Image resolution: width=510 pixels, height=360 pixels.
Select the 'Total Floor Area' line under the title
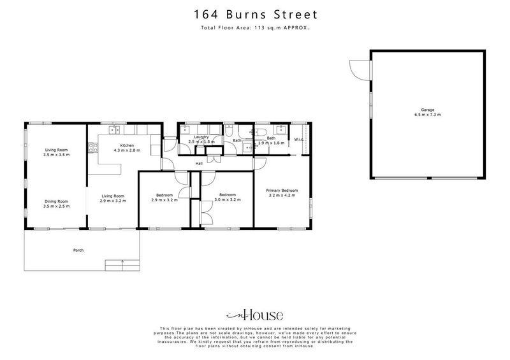pyautogui.click(x=254, y=28)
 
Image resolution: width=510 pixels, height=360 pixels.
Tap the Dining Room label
pyautogui.click(x=55, y=203)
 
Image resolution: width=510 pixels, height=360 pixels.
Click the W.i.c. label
pyautogui.click(x=298, y=140)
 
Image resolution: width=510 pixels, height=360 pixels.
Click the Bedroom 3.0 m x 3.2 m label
pyautogui.click(x=228, y=197)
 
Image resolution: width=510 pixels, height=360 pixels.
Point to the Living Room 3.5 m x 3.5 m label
pyautogui.click(x=55, y=152)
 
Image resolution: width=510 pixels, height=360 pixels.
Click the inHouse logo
pyautogui.click(x=254, y=315)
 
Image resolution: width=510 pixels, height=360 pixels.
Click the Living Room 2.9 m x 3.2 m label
pyautogui.click(x=113, y=198)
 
